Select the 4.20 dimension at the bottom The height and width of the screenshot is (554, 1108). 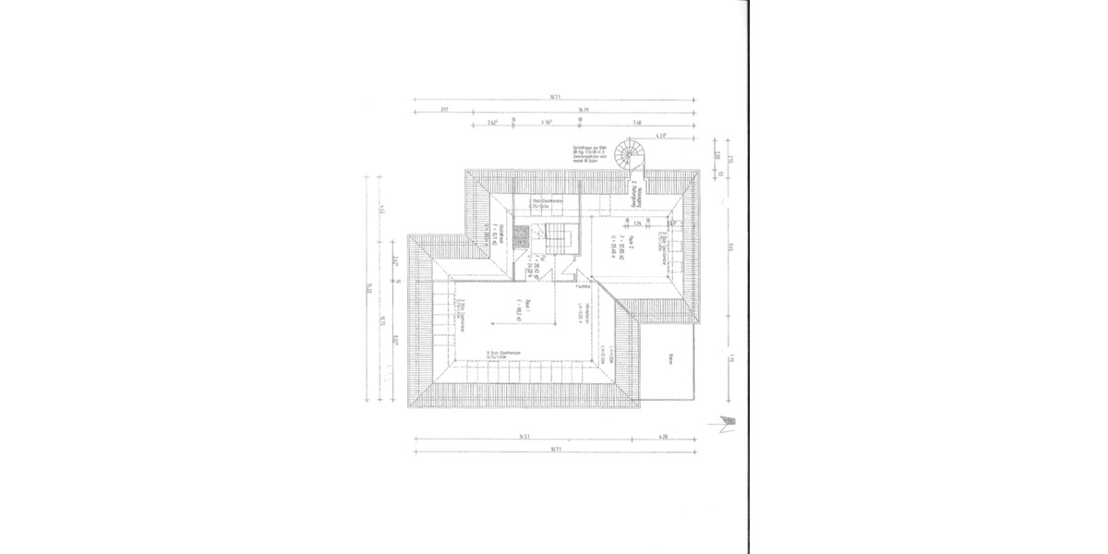[x=662, y=436]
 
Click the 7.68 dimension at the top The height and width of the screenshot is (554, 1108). [x=637, y=123]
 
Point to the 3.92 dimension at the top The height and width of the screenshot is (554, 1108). [x=444, y=111]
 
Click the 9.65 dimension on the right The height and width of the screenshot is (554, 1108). [x=729, y=246]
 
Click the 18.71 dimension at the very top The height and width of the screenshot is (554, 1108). [x=554, y=97]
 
